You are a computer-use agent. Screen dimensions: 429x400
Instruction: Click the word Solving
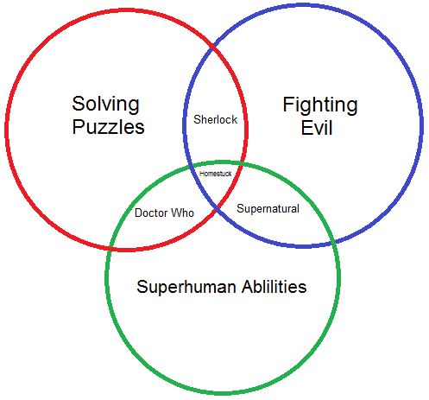coord(105,105)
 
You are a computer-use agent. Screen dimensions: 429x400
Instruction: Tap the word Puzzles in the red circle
coord(108,127)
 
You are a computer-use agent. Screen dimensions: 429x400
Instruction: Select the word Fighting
coord(320,105)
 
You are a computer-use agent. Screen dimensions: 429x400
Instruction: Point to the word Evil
coord(317,128)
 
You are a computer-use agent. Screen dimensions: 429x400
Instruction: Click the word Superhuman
coord(186,287)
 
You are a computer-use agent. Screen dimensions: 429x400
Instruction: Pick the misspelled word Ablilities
coord(274,287)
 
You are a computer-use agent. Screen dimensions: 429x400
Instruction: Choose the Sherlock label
coord(215,119)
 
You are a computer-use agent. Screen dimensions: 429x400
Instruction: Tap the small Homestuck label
coord(215,174)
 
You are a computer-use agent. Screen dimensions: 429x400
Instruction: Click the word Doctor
coord(151,213)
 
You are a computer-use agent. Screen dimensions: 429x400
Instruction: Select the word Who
coord(183,213)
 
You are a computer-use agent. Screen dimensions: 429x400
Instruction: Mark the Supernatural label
coord(268,209)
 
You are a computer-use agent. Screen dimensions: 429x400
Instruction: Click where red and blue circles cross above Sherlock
coord(213,47)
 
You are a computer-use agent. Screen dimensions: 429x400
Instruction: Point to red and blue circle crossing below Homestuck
coord(218,208)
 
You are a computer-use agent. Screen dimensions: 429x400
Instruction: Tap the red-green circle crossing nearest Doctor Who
coord(110,248)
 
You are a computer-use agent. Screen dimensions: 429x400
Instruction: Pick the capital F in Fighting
coord(288,104)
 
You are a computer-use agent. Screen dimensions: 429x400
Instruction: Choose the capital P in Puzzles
coord(78,126)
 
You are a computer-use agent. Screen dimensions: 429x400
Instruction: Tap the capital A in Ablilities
coord(248,287)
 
